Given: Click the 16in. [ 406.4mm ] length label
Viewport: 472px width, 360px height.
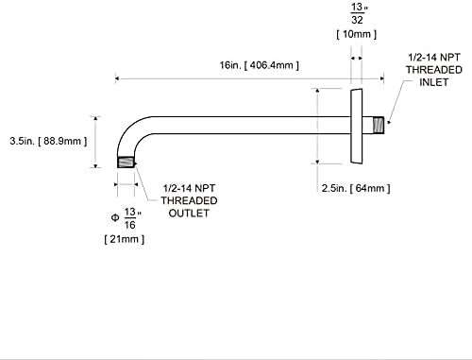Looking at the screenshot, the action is tap(259, 65).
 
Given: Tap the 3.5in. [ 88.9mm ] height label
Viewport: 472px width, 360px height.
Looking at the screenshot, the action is tap(48, 141).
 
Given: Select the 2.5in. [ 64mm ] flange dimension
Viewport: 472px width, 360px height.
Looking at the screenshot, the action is tap(356, 188).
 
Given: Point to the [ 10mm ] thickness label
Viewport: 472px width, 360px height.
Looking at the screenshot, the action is tap(356, 34).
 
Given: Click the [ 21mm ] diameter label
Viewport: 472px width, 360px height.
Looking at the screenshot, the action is tap(125, 239).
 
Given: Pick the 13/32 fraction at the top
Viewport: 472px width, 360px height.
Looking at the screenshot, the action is tap(358, 13).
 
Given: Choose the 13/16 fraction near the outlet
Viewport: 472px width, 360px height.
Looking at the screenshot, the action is tap(130, 218).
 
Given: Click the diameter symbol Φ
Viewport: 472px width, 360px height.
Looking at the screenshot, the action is tap(115, 217).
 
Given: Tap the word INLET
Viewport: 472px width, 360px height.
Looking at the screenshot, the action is tap(433, 82).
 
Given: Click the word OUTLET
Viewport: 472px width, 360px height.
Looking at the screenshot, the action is tap(189, 214).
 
